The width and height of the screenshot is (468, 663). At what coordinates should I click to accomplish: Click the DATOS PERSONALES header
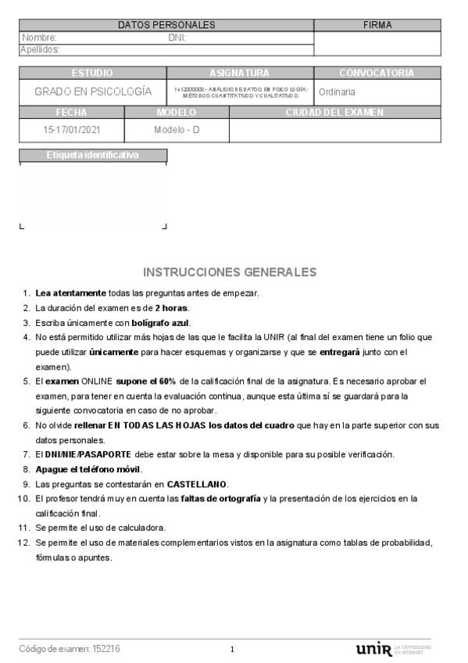pos(166,25)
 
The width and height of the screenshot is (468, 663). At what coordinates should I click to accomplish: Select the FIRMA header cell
pos(377,25)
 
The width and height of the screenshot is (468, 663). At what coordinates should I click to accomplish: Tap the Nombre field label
pos(39,37)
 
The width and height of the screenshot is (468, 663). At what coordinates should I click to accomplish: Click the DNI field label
pos(177,37)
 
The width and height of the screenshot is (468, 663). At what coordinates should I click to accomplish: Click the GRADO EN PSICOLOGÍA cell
pos(93,91)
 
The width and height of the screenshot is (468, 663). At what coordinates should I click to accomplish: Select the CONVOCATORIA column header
pos(377,73)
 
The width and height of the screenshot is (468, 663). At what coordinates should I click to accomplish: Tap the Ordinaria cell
pos(337,91)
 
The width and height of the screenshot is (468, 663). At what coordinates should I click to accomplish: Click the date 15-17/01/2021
pos(72,130)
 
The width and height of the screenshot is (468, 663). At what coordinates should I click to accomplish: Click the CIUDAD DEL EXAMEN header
pos(334,113)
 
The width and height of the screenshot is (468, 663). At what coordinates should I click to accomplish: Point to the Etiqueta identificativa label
pos(92,155)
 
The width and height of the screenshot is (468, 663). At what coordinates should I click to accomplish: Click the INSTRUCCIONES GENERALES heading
pos(230,272)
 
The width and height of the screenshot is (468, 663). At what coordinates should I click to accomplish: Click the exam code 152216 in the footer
pos(106,649)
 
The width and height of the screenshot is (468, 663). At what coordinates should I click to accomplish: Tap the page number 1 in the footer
pos(233,650)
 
